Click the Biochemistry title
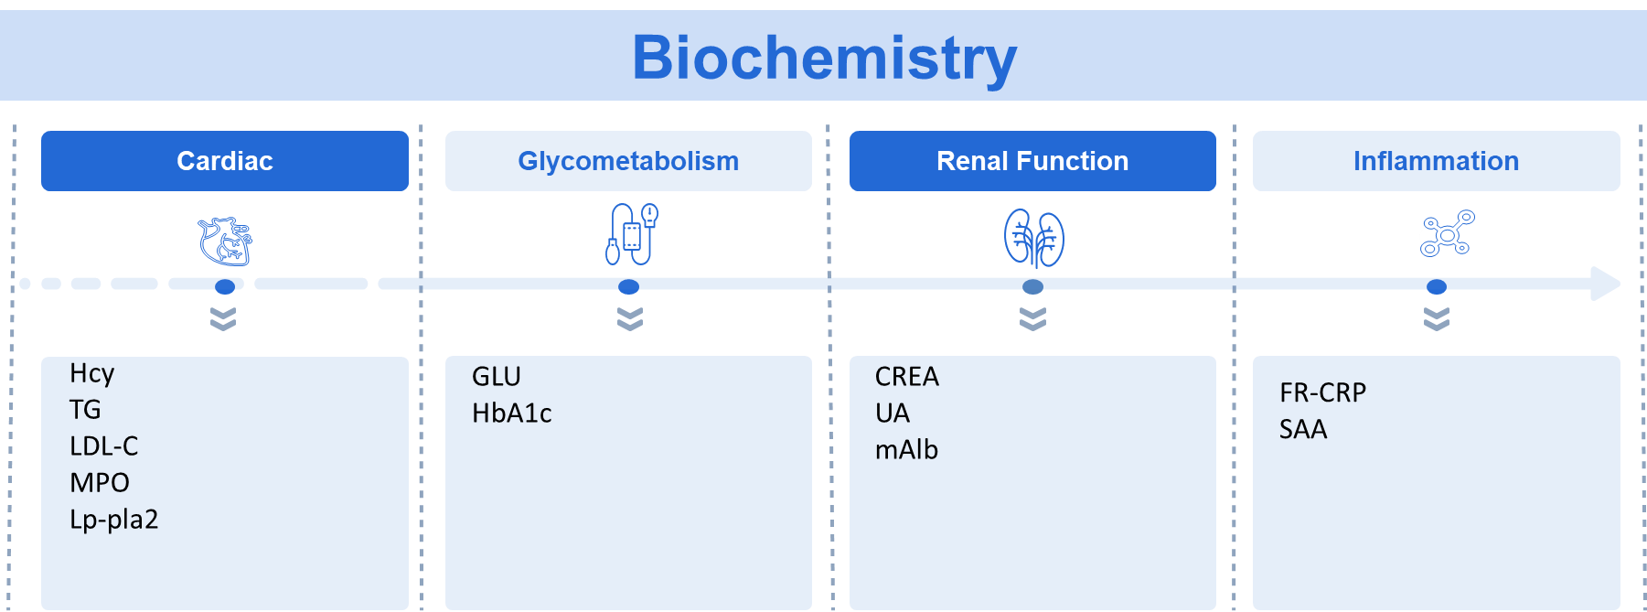824,58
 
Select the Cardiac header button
225,161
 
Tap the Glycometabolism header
628,161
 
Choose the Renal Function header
1032,161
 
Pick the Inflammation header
1436,161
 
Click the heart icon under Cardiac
225,241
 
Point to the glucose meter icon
631,234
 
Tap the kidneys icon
1034,238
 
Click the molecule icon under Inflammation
1447,233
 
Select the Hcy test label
91,373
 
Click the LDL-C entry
104,446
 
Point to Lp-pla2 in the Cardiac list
114,520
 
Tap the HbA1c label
512,413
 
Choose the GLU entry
497,377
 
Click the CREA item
907,377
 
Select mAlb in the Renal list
906,450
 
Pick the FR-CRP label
1322,393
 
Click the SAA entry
1303,430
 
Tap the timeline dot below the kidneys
1032,287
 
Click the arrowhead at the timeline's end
1606,284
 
